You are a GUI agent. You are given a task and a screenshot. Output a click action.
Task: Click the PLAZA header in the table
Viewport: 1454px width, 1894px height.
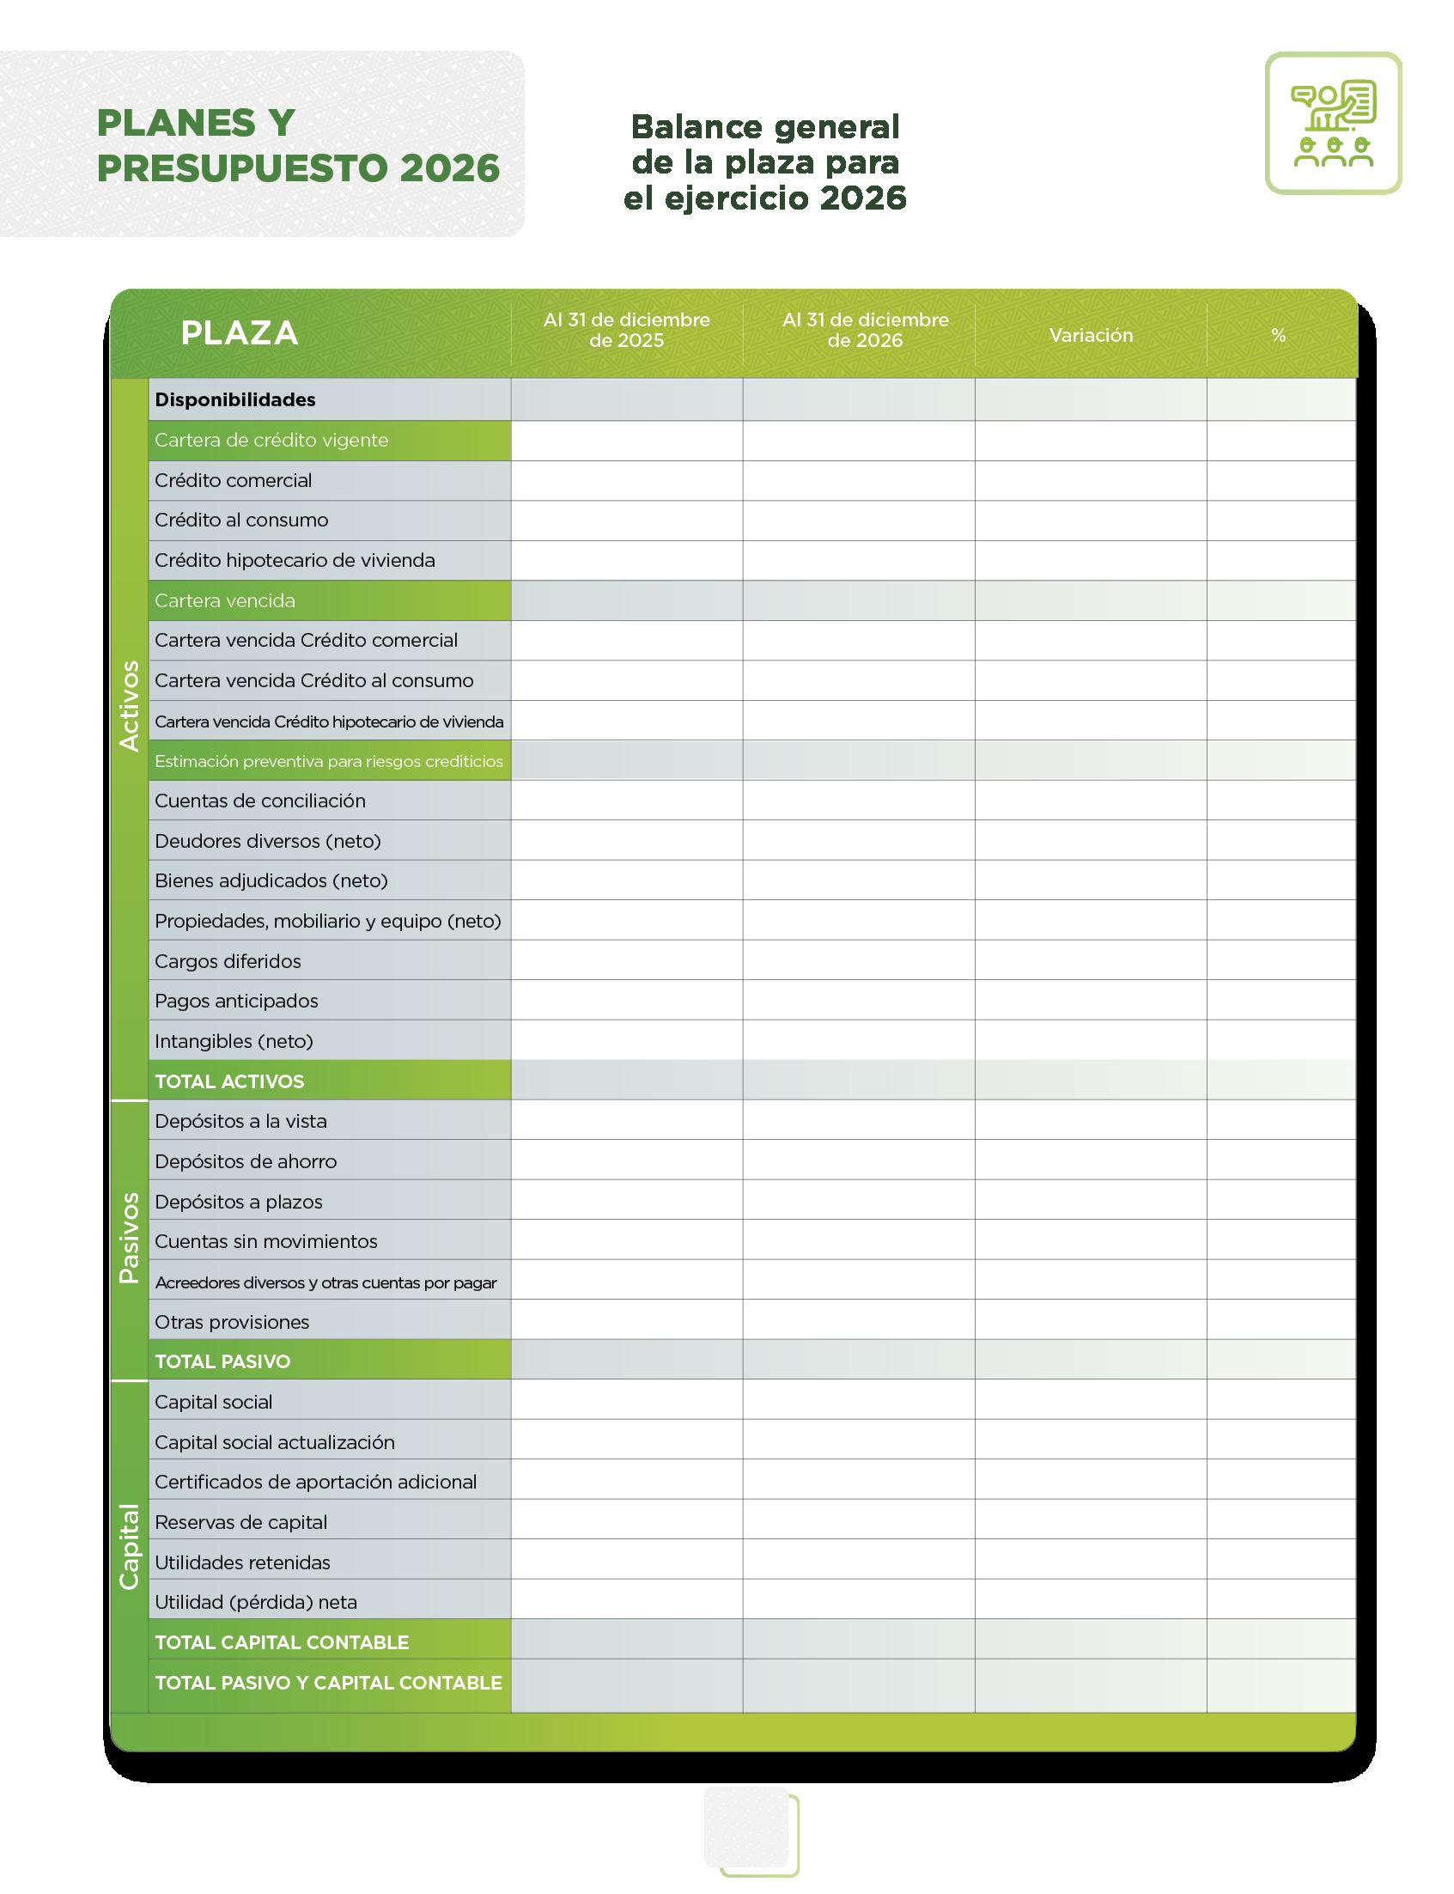(239, 333)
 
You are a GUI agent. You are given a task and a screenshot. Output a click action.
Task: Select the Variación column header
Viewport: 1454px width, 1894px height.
(1091, 335)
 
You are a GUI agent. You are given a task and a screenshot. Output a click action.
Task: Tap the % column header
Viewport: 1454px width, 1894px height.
(1278, 335)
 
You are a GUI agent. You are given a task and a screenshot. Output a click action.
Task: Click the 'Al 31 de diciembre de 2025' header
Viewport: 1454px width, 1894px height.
(627, 330)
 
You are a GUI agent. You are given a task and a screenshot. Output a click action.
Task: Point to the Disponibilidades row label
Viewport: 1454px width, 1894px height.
(235, 400)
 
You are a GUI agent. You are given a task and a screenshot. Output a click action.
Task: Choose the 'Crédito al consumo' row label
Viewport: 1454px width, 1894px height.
(241, 521)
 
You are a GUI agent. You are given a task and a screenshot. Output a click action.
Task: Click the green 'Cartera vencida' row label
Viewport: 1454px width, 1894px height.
(225, 600)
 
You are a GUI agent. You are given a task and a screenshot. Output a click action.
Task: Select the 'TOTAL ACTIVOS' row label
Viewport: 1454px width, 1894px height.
(229, 1081)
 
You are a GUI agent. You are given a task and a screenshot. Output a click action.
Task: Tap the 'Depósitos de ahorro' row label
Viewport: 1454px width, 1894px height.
(246, 1161)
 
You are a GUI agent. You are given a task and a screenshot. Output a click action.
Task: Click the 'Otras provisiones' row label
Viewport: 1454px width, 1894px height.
(232, 1322)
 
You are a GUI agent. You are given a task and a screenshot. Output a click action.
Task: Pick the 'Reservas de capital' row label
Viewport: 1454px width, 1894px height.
(240, 1522)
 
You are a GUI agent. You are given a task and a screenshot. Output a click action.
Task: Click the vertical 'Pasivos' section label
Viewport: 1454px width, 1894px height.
(129, 1238)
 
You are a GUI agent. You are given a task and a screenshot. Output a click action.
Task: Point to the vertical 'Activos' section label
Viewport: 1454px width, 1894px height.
(129, 705)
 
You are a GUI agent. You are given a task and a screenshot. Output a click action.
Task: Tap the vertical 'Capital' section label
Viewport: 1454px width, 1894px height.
(129, 1547)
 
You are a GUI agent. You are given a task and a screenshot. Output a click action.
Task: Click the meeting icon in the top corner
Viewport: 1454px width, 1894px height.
(1333, 123)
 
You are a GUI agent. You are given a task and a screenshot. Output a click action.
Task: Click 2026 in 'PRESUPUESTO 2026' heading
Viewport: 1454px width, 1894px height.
(450, 168)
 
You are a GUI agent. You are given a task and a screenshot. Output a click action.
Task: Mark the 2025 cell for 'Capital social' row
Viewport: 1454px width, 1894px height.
(627, 1402)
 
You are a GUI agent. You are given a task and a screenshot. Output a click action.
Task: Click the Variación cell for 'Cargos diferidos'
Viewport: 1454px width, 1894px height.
(1091, 961)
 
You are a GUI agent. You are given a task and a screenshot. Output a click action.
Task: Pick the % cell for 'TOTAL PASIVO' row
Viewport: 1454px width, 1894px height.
(1281, 1361)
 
